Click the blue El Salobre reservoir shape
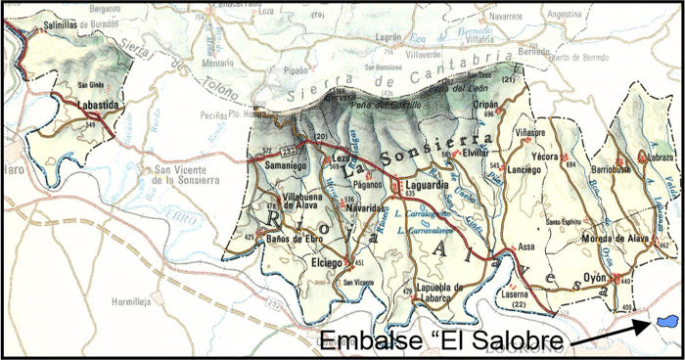(668, 321)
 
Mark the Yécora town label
(571, 156)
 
